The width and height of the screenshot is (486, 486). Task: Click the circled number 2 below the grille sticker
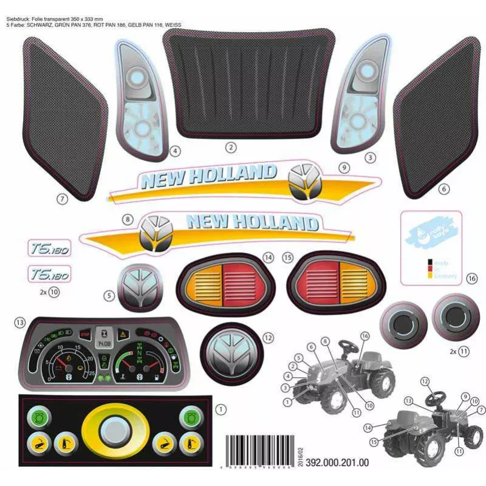[x=231, y=147]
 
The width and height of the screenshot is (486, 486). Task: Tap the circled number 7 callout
[x=61, y=197]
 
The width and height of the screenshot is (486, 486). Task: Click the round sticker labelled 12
[x=234, y=354]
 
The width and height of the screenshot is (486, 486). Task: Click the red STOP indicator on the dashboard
[x=84, y=334]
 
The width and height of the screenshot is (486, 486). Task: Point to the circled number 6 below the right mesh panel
[x=444, y=189]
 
